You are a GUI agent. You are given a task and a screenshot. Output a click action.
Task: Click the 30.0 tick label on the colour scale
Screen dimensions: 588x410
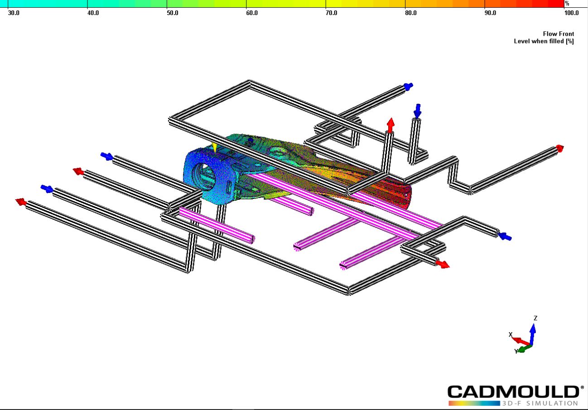pyautogui.click(x=14, y=13)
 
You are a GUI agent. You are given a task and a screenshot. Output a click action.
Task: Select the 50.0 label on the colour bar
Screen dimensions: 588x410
pyautogui.click(x=173, y=13)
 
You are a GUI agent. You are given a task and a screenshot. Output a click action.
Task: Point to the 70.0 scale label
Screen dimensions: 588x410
pyautogui.click(x=331, y=13)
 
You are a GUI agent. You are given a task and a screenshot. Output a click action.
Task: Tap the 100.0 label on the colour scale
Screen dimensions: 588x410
pyautogui.click(x=571, y=13)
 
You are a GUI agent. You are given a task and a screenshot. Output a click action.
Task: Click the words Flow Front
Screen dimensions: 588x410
pyautogui.click(x=559, y=34)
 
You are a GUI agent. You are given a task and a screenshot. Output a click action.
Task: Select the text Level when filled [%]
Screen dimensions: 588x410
pyautogui.click(x=544, y=41)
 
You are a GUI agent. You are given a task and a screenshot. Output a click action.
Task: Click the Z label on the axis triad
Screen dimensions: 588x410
pyautogui.click(x=535, y=318)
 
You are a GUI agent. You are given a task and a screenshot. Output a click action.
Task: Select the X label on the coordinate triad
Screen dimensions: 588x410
pyautogui.click(x=511, y=334)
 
